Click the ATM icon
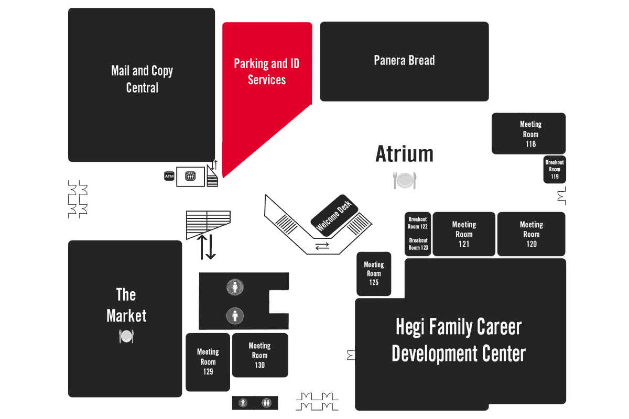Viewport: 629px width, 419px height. pos(169,177)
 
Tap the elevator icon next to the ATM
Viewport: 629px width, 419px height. pos(190,177)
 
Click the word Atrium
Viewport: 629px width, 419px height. pos(404,154)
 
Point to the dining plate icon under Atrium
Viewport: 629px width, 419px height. pos(404,180)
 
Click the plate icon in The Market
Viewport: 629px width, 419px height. pos(126,336)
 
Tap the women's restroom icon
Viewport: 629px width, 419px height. pos(235,287)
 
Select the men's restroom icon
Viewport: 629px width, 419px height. pos(235,315)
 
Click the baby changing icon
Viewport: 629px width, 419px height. pos(243,403)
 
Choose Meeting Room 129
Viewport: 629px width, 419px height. pos(208,362)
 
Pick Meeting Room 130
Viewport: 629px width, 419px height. pos(260,355)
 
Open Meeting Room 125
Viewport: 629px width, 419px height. pos(374,273)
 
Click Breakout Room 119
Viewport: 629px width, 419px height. pos(555,170)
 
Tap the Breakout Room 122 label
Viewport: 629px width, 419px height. pos(418,223)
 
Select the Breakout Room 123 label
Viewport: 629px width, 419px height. pos(418,244)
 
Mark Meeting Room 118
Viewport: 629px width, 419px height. pos(530,134)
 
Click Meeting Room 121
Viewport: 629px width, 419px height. pos(464,234)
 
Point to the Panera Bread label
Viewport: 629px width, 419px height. pos(404,61)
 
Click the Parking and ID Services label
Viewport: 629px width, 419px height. pos(267,72)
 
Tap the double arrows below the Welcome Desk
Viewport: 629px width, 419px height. pos(322,246)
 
